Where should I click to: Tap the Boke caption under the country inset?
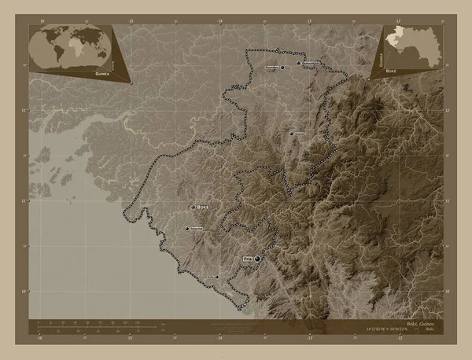click(x=390, y=70)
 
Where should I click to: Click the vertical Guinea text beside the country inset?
click(x=382, y=54)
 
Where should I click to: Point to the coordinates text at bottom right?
click(x=388, y=329)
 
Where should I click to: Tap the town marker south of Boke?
click(x=186, y=229)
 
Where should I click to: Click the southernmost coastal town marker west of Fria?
click(x=217, y=277)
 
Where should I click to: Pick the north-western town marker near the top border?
click(x=281, y=68)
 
